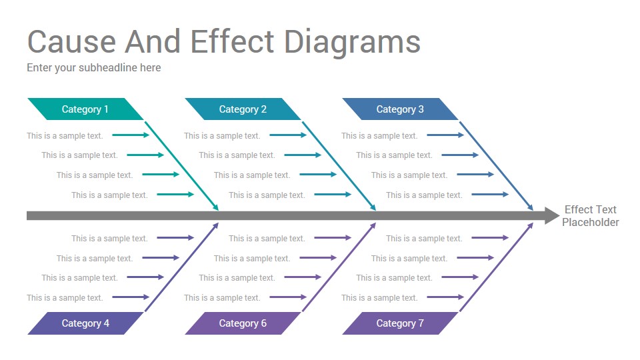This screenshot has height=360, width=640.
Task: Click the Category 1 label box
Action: coord(85,109)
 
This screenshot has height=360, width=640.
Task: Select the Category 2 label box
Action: coord(243,109)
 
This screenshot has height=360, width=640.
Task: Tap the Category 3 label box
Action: coord(400,109)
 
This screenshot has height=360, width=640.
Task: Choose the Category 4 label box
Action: coord(85,323)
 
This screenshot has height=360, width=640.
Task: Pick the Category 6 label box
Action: coord(243,323)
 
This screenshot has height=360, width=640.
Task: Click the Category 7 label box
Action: coord(400,323)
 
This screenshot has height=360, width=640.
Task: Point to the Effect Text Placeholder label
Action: coord(590,216)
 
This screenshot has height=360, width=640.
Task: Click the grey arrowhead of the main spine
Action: coord(552,215)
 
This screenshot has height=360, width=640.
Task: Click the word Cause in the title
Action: coord(72,41)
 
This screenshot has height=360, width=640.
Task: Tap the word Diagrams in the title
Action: coord(352,43)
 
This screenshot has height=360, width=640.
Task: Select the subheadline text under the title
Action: coord(94,68)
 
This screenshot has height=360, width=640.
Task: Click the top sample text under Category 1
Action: coord(65,136)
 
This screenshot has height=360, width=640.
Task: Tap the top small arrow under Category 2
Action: coord(288,135)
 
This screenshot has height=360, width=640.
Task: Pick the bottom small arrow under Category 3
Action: coord(490,195)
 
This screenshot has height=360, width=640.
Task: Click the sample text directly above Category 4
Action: coord(65,298)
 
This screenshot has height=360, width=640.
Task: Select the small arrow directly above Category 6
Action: coord(288,297)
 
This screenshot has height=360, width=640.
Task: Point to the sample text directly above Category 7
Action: coord(379,298)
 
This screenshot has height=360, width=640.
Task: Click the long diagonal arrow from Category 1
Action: coord(181,166)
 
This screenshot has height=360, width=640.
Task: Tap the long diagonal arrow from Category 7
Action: coord(496,267)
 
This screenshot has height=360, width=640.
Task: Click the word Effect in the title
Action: coord(232,41)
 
